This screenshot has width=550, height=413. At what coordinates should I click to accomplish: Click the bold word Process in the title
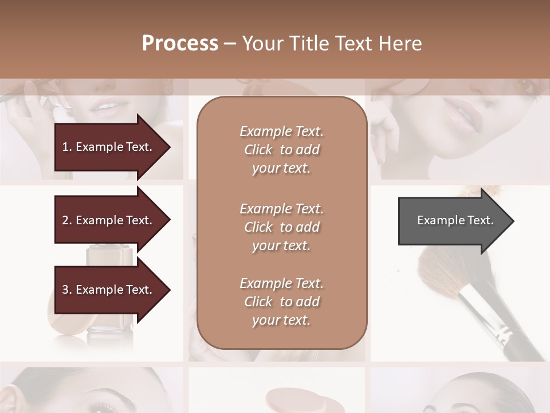tap(180, 43)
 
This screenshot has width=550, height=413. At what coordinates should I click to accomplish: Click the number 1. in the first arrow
tap(66, 147)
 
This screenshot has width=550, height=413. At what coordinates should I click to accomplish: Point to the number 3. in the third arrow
tap(66, 290)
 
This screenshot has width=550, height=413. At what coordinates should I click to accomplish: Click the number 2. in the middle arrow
tap(66, 220)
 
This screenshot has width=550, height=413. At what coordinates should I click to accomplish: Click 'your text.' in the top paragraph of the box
tap(281, 169)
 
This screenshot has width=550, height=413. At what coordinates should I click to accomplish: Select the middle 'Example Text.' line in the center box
tap(281, 208)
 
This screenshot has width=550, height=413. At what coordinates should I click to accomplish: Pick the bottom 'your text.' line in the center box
tap(281, 320)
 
